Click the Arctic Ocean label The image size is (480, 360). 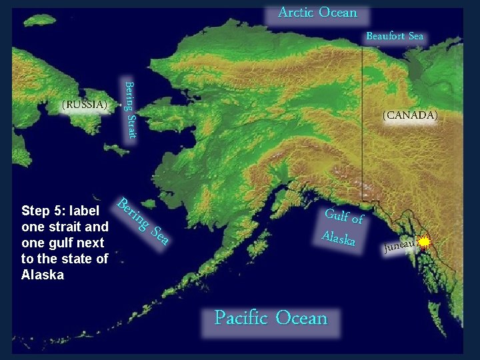pos(317,13)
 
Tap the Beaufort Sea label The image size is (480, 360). pos(395,36)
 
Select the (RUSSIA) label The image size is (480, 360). pos(84,105)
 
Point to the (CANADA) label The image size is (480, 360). pos(410,115)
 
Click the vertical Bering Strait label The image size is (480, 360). pos(131,110)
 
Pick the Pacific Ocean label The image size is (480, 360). pos(271,318)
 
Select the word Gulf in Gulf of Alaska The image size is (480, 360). pos(337,215)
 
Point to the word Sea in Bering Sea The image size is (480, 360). pos(160,234)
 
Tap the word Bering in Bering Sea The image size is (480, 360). pos(133,212)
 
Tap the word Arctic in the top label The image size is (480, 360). pos(296,13)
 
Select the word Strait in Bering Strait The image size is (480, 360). pos(132,125)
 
